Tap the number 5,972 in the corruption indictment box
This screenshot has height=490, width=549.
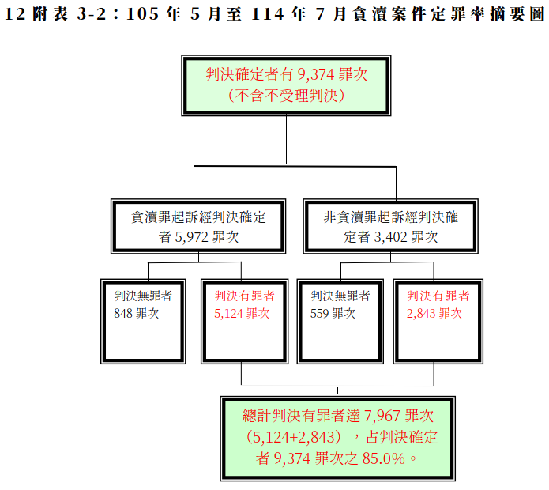tap(191, 237)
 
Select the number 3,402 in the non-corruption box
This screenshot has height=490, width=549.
tap(390, 237)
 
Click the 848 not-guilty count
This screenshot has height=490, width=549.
tap(123, 313)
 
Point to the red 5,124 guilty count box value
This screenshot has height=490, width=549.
tap(228, 314)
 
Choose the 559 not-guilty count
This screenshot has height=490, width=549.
tap(319, 313)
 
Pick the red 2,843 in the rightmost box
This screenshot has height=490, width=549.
tap(421, 314)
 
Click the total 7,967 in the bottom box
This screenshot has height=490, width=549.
tap(382, 416)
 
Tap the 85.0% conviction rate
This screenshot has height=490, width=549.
tap(383, 458)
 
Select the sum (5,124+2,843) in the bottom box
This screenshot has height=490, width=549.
tap(293, 437)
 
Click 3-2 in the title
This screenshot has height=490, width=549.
tap(92, 14)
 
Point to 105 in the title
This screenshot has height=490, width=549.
tap(142, 14)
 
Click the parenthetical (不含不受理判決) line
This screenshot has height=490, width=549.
tap(286, 96)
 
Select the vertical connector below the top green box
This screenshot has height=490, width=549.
tap(286, 140)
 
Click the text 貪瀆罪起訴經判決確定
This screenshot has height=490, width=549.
tap(198, 217)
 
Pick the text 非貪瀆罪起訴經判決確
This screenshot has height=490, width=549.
tap(390, 217)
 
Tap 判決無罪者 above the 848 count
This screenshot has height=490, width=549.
tap(143, 296)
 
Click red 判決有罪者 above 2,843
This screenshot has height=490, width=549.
tap(438, 296)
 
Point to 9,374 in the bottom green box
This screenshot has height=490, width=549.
tap(291, 458)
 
